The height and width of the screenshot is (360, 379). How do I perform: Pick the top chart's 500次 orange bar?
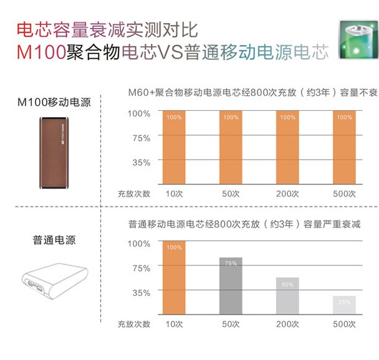(x=343, y=147)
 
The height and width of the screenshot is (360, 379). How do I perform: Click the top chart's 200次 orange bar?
(x=287, y=147)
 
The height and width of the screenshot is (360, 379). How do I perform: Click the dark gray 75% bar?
(x=231, y=287)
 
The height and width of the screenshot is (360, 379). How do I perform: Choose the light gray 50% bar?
(x=287, y=296)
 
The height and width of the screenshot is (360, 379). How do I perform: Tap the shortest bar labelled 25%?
(x=344, y=306)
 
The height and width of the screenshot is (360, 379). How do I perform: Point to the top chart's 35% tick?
(x=140, y=163)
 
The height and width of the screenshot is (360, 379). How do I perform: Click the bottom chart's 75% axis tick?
(x=140, y=268)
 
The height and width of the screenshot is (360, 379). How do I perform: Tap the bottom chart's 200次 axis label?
(x=287, y=324)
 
